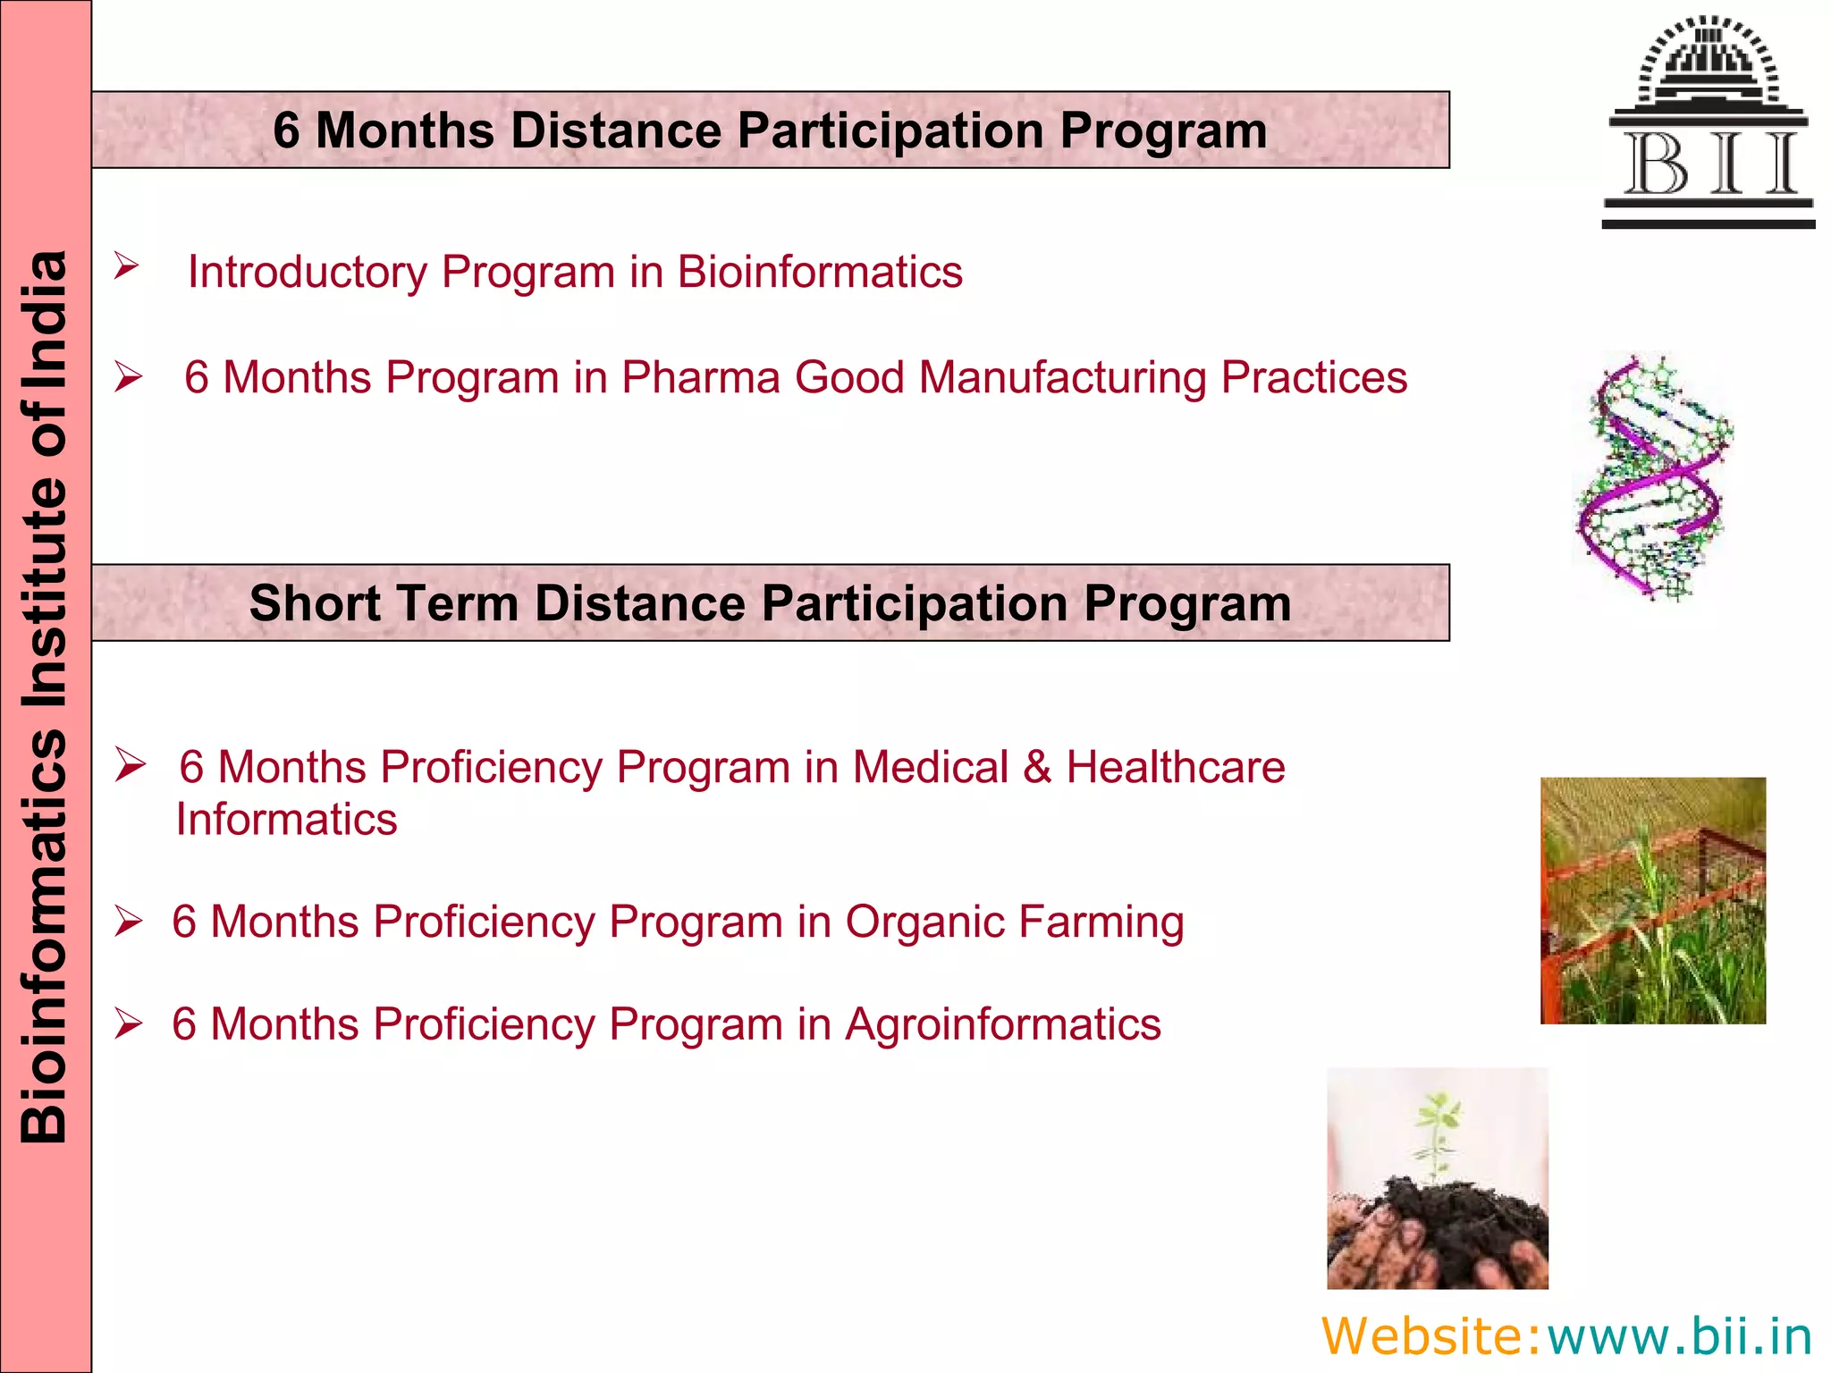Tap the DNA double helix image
tap(1652, 478)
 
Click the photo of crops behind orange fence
tap(1652, 900)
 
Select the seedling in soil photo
tap(1437, 1177)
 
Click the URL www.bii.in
tap(1679, 1336)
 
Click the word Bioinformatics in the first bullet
tap(819, 272)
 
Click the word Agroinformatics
tap(1002, 1024)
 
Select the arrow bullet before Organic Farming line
tap(129, 922)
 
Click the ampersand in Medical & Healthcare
tap(1037, 767)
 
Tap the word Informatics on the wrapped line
tap(286, 819)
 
